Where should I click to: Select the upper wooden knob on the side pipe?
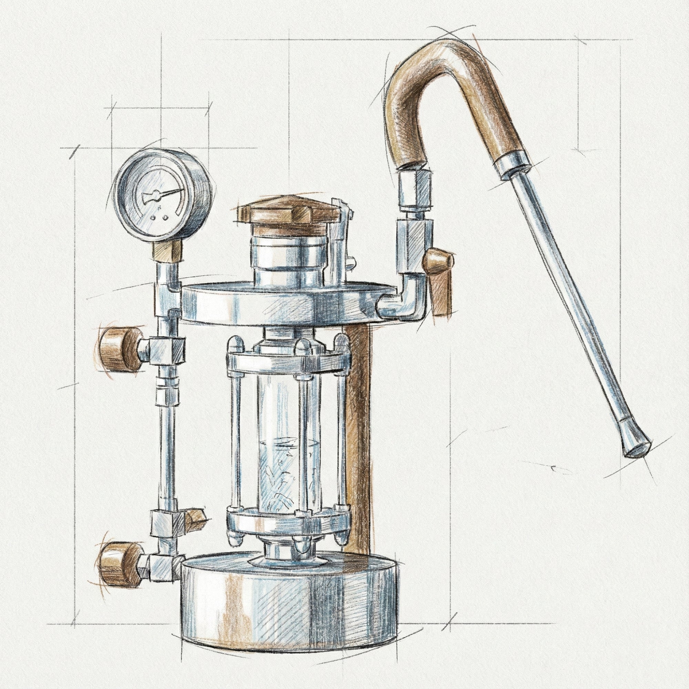(x=118, y=345)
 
